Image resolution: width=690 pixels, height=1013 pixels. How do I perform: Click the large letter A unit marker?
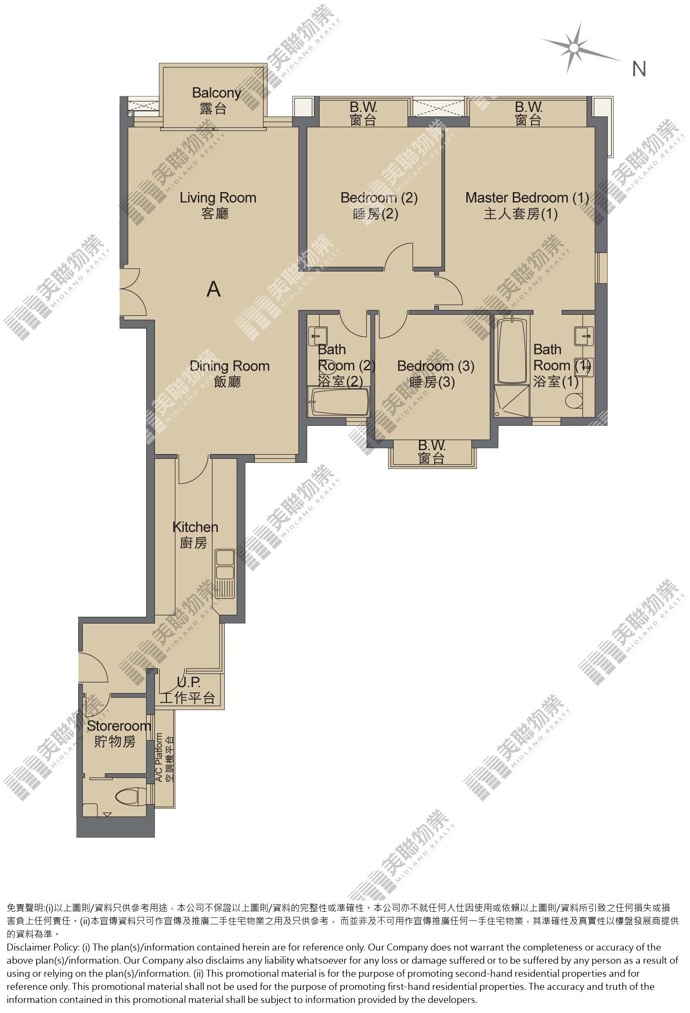coord(213,289)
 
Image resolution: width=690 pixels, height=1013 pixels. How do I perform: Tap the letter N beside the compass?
coord(639,69)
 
